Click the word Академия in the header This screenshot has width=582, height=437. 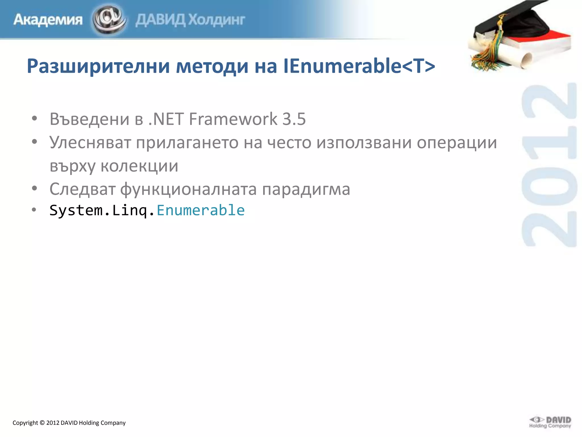click(x=48, y=20)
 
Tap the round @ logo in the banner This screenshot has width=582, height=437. click(x=109, y=19)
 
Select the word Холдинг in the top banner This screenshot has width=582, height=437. click(x=217, y=20)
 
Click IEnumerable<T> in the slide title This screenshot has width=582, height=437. click(x=359, y=66)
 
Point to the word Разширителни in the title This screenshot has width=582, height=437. click(x=98, y=66)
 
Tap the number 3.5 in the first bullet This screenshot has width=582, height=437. click(x=294, y=119)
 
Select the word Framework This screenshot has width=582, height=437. click(x=233, y=119)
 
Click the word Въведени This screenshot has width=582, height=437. click(x=90, y=119)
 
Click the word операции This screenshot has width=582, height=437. click(x=457, y=143)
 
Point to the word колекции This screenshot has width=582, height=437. click(x=139, y=166)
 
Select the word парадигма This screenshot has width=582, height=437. click(x=306, y=189)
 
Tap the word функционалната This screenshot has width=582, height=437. click(x=188, y=189)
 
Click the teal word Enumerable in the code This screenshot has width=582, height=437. click(x=201, y=210)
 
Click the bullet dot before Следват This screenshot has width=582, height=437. click(x=34, y=188)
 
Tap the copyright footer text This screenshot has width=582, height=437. click(x=69, y=423)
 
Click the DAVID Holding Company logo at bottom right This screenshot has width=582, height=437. click(x=550, y=422)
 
